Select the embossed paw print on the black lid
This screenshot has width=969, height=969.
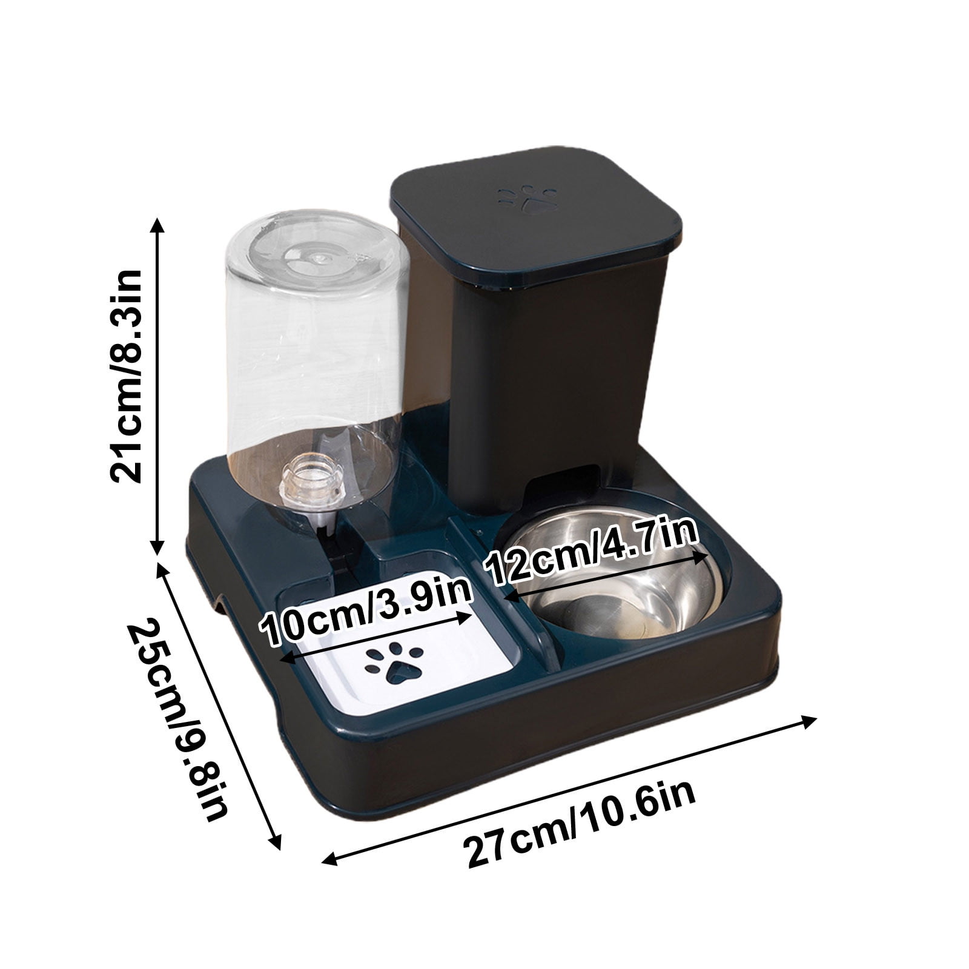click(x=527, y=200)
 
